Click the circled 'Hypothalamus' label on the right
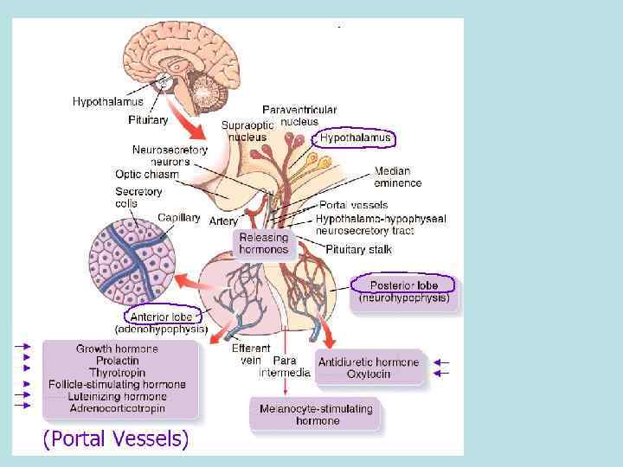coord(355,138)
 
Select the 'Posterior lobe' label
coord(404,285)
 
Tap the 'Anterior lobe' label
coord(163,317)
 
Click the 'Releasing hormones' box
coord(263,243)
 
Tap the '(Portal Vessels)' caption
coord(115,438)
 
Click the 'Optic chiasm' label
coord(147,174)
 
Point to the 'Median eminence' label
coord(397,176)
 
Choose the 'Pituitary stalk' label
coord(358,249)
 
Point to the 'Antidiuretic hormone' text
coord(369,362)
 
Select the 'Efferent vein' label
coord(251,354)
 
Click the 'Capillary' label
coord(179,218)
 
